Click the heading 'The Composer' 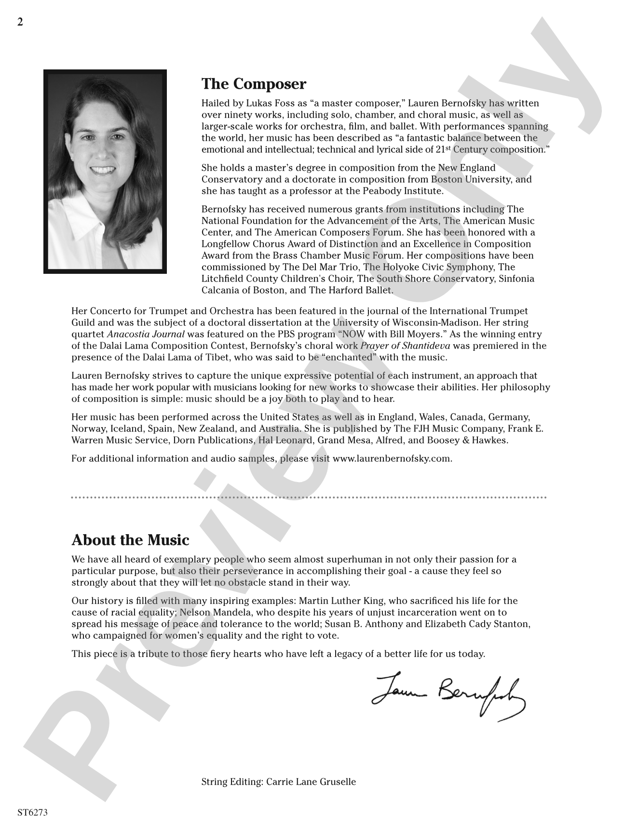tap(254, 84)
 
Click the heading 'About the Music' tap(130, 540)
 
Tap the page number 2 tap(20, 22)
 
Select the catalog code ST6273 tap(32, 812)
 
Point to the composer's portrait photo tap(105, 172)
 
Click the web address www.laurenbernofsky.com tap(392, 458)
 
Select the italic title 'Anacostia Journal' tap(146, 334)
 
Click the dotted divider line tap(309, 497)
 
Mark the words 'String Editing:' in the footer tap(232, 782)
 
